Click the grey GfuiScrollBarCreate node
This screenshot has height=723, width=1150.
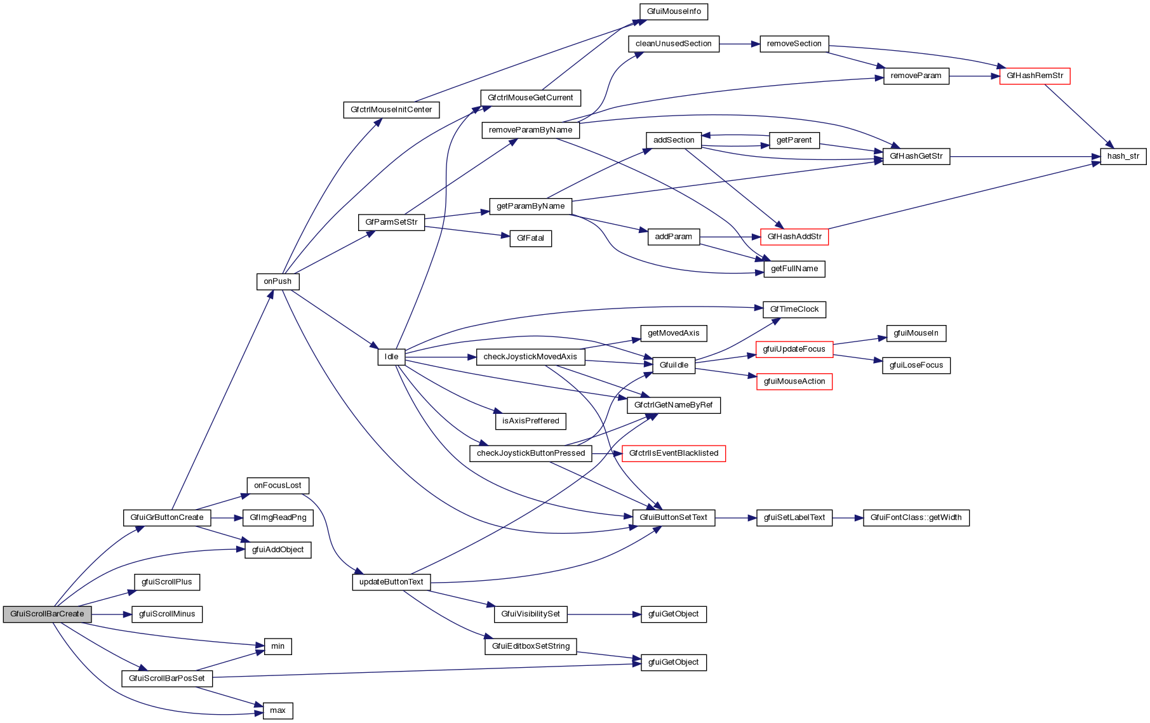[47, 614]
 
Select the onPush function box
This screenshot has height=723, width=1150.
[277, 282]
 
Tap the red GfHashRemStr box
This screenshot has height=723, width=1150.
[1034, 76]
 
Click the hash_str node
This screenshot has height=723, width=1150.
[1123, 156]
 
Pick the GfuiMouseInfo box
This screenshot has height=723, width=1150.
[673, 11]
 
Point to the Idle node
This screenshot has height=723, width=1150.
[391, 357]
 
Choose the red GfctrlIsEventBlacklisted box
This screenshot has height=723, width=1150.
[673, 454]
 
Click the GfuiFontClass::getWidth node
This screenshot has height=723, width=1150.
[916, 518]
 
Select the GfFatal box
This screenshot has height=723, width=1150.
[530, 239]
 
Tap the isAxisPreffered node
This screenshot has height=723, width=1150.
[530, 421]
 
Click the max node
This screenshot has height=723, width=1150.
[277, 711]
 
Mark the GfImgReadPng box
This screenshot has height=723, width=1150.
[277, 518]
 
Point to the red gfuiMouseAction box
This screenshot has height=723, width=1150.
[794, 382]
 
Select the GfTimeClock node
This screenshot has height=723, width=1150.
[794, 310]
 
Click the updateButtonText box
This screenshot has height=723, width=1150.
[391, 582]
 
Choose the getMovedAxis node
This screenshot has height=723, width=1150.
[673, 333]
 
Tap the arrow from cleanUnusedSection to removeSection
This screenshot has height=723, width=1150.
[739, 44]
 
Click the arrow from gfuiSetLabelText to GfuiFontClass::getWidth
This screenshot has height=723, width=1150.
[847, 518]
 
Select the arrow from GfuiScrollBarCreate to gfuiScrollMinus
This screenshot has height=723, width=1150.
[111, 614]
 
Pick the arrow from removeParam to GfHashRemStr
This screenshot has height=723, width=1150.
[974, 76]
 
